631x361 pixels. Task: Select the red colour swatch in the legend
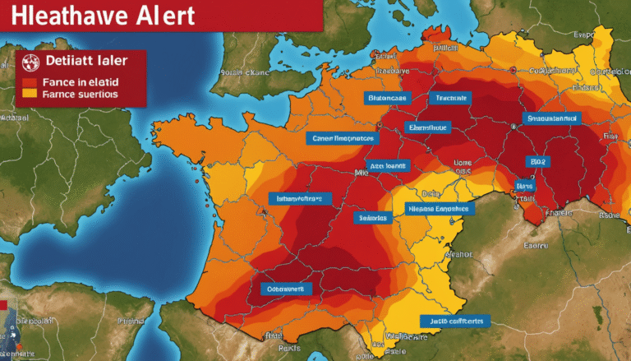point(28,81)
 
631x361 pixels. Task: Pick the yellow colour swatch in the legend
point(28,94)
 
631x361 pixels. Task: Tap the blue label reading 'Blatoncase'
point(388,98)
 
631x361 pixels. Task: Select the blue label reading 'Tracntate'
point(450,98)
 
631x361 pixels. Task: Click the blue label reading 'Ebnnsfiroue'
point(428,127)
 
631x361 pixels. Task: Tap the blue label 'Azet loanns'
point(388,165)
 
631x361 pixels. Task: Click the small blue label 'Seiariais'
point(374,218)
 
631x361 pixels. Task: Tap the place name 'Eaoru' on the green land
point(537,244)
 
